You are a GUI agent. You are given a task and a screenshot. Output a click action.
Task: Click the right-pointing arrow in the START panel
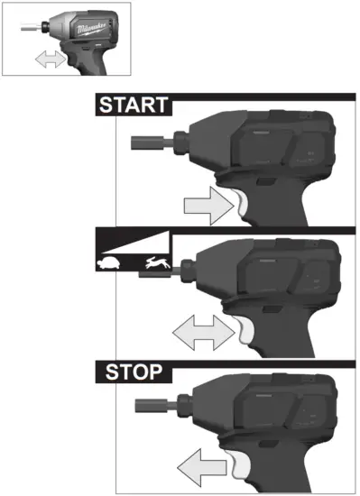point(208,205)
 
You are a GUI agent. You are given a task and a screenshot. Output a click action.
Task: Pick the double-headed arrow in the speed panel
point(203,338)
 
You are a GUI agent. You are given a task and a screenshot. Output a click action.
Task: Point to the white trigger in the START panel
point(242,204)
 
